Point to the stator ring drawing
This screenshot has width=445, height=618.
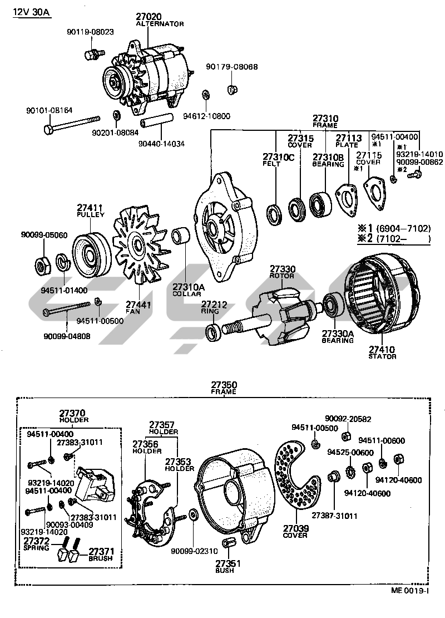point(381,295)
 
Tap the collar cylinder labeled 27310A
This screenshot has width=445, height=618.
point(181,236)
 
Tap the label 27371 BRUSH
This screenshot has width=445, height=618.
point(101,553)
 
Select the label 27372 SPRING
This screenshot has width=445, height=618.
point(36,544)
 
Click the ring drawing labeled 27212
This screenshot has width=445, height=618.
point(212,332)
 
